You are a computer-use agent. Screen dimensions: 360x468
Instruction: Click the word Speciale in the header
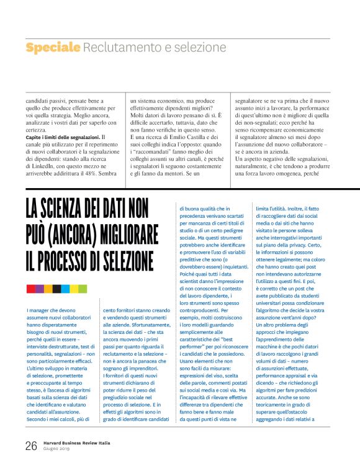53,47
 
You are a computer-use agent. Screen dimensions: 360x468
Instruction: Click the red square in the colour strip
30,289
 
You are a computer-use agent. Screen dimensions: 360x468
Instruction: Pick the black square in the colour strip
56,289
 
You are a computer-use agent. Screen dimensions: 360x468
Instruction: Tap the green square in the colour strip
83,289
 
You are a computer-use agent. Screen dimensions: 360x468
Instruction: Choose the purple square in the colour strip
39,289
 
